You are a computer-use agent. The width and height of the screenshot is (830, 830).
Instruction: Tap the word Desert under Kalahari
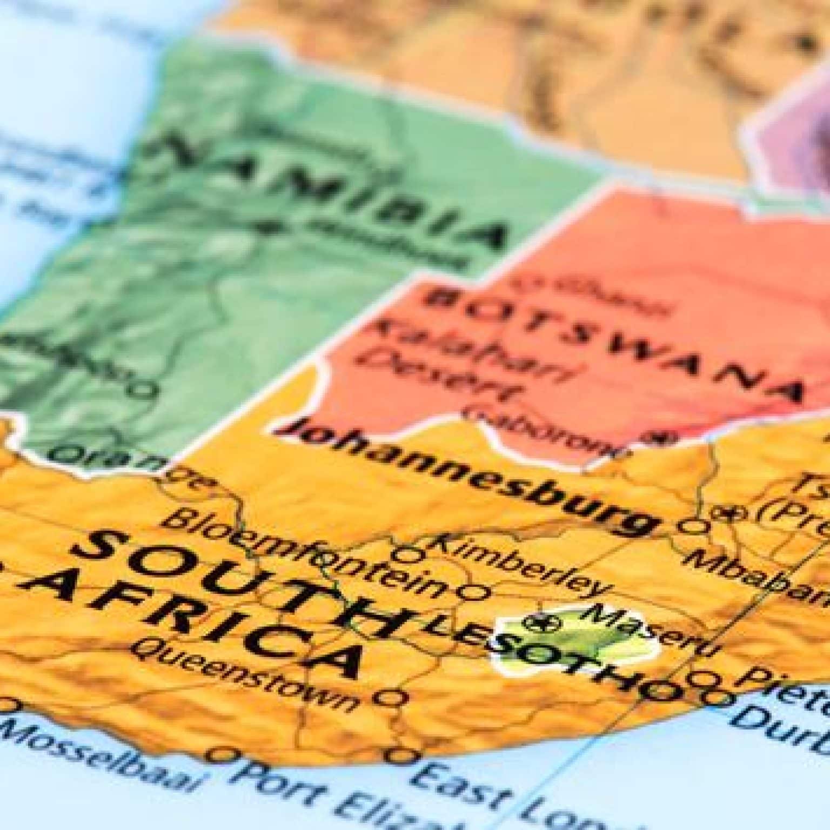[449, 373]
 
